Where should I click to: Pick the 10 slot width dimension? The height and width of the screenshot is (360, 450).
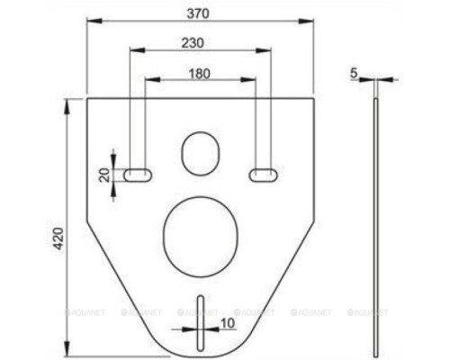[x=226, y=322]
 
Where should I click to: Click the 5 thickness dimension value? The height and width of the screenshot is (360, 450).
[x=355, y=72]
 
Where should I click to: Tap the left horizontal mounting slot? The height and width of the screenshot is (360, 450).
[x=138, y=173]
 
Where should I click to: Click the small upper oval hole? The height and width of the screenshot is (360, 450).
[x=200, y=153]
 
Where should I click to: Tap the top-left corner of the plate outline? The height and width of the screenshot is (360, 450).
[x=86, y=98]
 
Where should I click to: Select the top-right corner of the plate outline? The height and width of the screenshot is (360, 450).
[x=314, y=98]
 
